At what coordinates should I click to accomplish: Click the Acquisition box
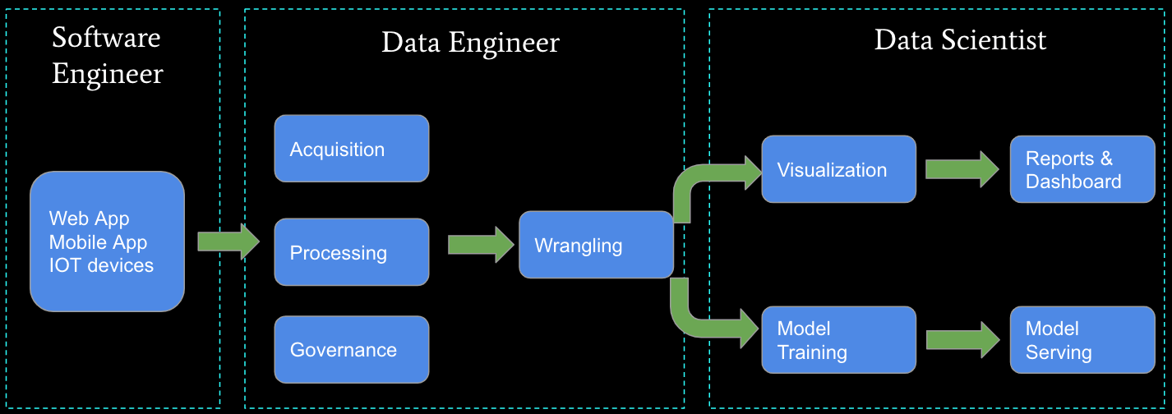pos(351,149)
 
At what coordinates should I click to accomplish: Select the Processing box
pos(351,252)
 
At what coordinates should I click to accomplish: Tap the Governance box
pos(351,350)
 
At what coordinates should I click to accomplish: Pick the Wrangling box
pos(596,245)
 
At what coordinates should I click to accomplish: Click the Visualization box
pos(838,170)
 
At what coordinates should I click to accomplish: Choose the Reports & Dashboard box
pos(1082,170)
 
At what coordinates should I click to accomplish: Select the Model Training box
pos(838,340)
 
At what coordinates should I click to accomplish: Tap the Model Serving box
pos(1082,340)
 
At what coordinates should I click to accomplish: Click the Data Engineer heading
pos(470,43)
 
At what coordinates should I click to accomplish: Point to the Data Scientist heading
pos(960,39)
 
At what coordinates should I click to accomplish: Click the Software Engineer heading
pos(107,56)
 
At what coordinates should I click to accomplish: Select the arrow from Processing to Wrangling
pos(481,245)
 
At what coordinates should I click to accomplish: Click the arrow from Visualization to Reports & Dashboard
pos(962,169)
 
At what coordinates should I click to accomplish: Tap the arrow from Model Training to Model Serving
pos(962,340)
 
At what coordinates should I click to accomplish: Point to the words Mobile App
pos(98,242)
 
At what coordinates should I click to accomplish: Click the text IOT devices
pos(101,265)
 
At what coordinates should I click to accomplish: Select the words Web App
pos(89,218)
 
